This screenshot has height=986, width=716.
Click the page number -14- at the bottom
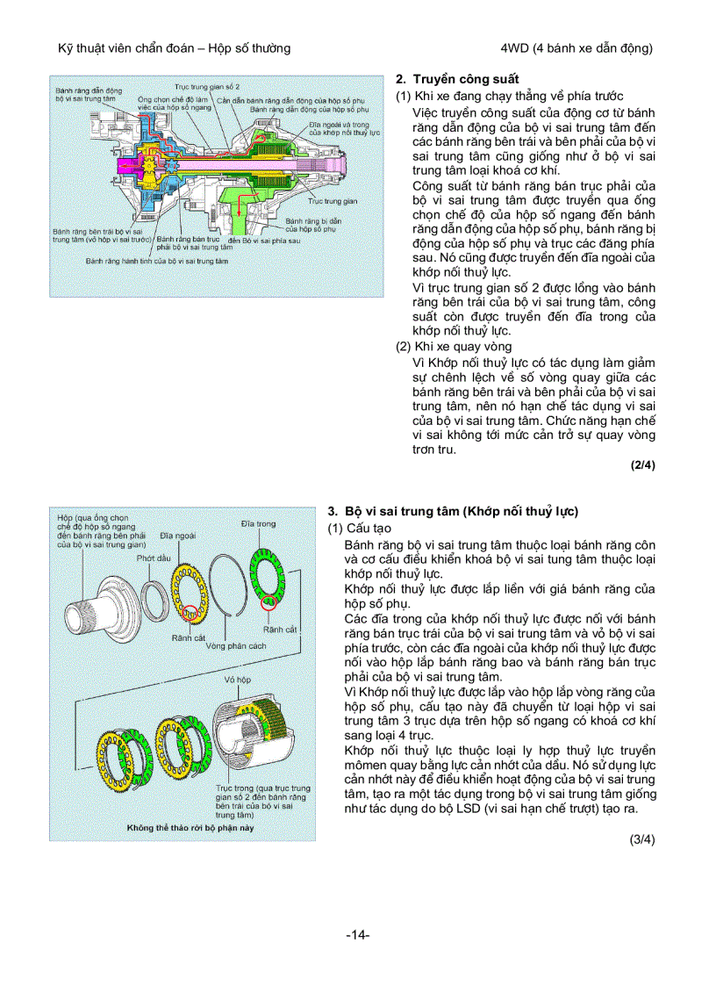358,935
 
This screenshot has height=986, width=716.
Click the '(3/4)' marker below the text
642,839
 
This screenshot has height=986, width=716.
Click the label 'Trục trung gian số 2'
207,88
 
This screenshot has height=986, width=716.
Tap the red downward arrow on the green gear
237,205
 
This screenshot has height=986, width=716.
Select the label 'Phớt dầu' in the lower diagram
153,558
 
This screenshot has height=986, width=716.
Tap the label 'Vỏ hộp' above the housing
237,680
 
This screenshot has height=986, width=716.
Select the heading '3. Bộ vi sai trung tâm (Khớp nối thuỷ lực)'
453,511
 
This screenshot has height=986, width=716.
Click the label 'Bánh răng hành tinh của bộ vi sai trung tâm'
151,261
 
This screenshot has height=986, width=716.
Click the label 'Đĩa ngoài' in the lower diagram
178,535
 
